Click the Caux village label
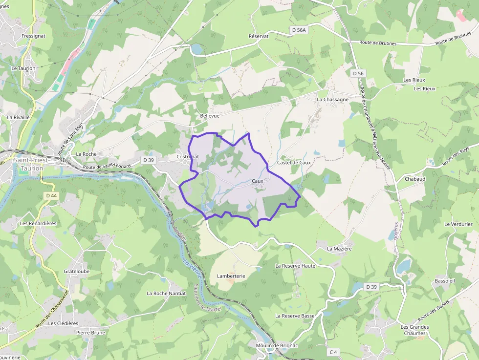258,181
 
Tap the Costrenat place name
188,157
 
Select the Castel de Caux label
294,162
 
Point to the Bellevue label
210,116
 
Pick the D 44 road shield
51,195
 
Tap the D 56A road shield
299,30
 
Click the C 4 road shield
333,352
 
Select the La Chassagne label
333,99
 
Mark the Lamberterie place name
231,276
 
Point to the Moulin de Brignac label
277,345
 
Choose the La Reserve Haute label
295,266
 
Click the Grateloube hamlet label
77,271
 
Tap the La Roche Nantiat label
167,294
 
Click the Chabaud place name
415,179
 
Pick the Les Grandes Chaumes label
415,330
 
